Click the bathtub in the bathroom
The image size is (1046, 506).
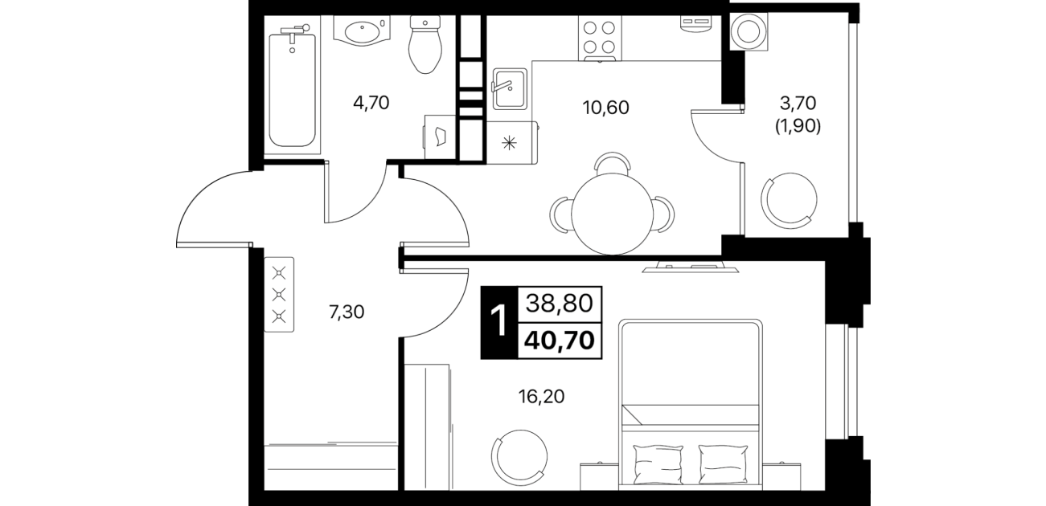[293, 88]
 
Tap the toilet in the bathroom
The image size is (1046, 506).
[425, 44]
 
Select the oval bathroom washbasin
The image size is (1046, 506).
[363, 31]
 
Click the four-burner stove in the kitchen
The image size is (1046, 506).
[600, 39]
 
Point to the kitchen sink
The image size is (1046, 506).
[509, 88]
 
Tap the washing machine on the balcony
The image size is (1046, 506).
[749, 31]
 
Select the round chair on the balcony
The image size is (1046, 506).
[790, 201]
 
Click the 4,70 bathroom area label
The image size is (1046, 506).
[371, 103]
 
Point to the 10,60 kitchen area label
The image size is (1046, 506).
[605, 108]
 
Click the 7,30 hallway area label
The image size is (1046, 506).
[347, 312]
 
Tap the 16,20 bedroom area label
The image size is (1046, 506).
[541, 397]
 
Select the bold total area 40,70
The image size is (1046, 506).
[560, 341]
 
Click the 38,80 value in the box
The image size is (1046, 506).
[560, 304]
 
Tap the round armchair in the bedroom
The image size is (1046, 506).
[519, 458]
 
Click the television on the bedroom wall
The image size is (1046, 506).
[690, 267]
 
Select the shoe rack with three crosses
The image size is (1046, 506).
[279, 294]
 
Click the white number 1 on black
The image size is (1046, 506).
[499, 322]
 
